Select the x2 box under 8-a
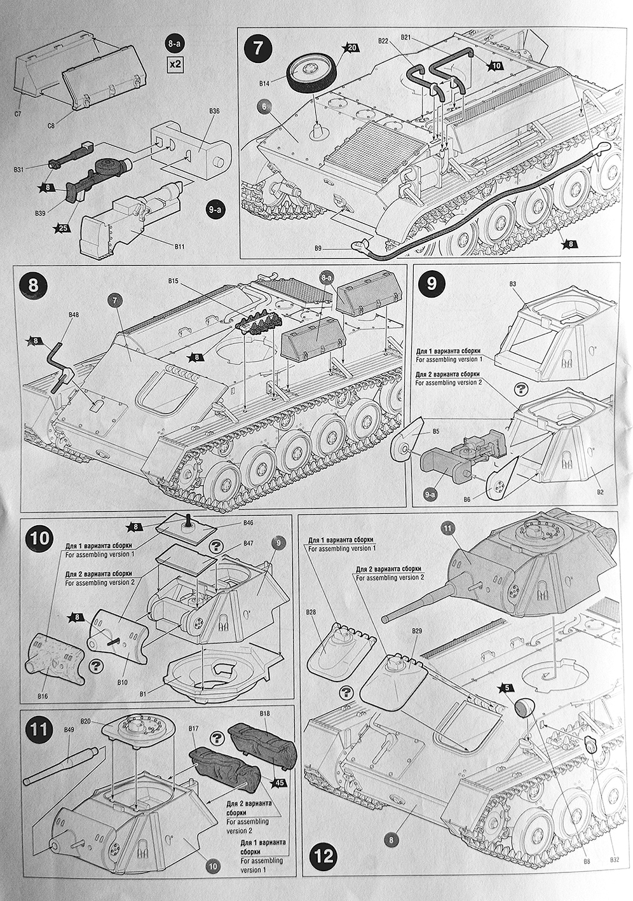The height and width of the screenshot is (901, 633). (174, 64)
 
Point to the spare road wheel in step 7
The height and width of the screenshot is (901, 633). (311, 72)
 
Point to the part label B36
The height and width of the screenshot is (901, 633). (214, 111)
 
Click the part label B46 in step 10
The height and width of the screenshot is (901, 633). (248, 523)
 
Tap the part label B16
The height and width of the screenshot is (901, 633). (43, 697)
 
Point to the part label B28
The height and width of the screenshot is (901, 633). (310, 612)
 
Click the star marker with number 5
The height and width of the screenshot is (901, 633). (507, 687)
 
